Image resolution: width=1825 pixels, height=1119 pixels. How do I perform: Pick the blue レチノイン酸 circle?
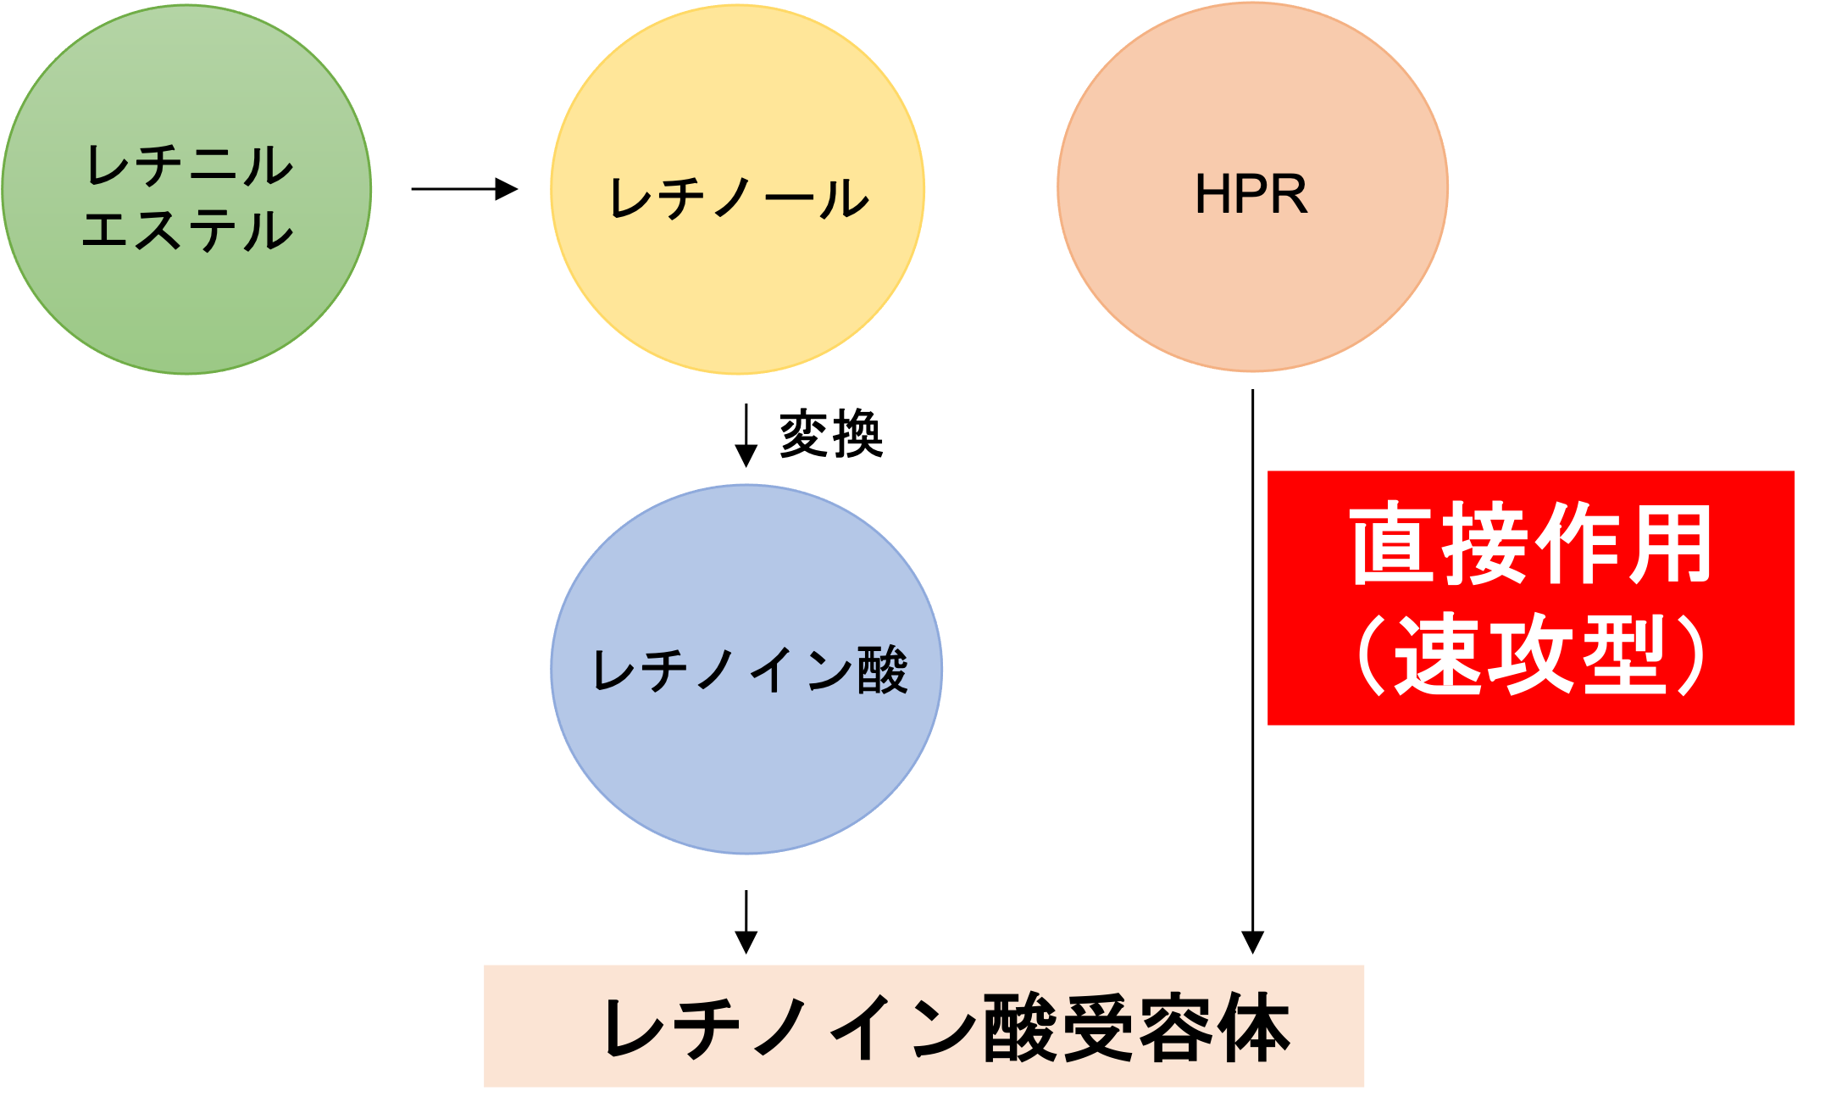click(746, 763)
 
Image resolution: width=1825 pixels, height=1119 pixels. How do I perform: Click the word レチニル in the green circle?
click(189, 165)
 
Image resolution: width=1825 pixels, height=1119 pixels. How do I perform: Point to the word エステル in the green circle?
click(187, 231)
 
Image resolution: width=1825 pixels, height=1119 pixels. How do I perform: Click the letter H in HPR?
click(1212, 195)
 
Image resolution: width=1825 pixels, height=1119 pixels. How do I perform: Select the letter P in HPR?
click(1251, 195)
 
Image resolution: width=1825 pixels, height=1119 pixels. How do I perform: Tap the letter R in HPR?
click(1290, 195)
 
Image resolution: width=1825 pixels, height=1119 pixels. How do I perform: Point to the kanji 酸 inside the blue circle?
click(882, 671)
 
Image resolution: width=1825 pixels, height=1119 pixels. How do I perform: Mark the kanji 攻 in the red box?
click(1532, 654)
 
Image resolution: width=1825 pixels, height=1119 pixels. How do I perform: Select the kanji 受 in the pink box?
click(1097, 1028)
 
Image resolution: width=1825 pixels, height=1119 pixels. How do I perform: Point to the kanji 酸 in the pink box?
click(1019, 1028)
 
